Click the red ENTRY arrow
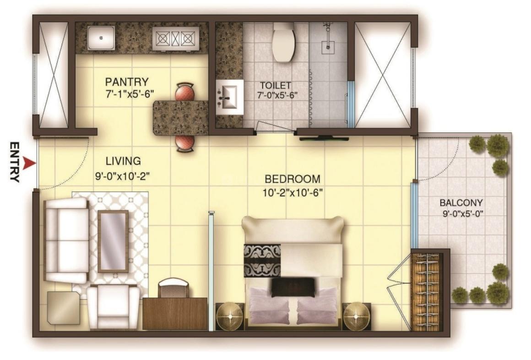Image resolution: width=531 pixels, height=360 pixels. tap(30, 163)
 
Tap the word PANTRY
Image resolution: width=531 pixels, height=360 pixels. tap(127, 82)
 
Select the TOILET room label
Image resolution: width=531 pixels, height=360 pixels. tap(276, 85)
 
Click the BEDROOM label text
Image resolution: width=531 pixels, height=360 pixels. tap(293, 179)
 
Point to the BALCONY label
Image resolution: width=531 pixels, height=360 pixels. tap(461, 202)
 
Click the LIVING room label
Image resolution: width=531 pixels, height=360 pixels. tap(123, 161)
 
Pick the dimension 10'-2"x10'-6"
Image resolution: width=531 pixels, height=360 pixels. tap(293, 192)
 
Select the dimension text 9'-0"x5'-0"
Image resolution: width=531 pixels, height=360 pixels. tap(462, 213)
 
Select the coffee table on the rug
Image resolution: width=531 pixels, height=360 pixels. tap(113, 241)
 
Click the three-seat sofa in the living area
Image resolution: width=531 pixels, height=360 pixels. tap(65, 240)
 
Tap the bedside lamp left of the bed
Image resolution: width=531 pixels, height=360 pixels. tap(230, 316)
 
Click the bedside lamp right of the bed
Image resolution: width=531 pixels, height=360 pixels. tap(356, 316)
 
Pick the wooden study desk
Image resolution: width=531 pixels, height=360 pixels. tap(175, 313)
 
